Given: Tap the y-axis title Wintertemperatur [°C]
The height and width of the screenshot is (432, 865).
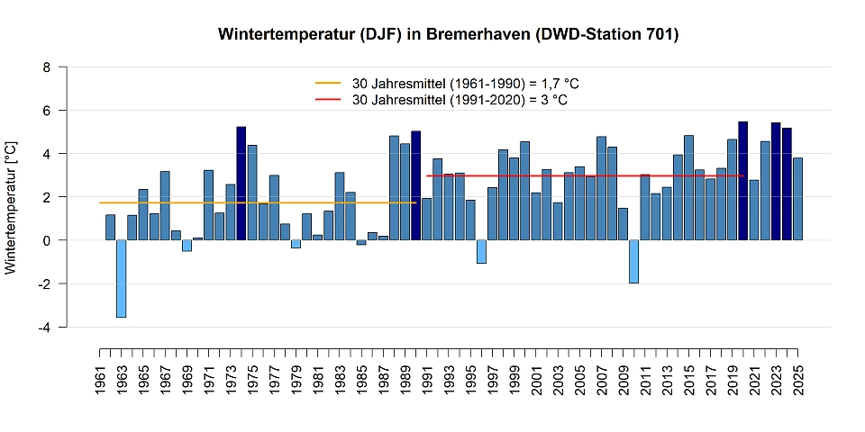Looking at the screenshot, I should (x=12, y=207).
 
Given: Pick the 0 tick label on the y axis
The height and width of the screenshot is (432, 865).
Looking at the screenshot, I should (x=47, y=240).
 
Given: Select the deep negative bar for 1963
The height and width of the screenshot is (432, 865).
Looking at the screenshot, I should (x=121, y=278).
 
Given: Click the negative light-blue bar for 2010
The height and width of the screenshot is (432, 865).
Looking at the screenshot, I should (x=634, y=261).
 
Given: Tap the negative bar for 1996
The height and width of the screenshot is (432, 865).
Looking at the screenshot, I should (x=481, y=251).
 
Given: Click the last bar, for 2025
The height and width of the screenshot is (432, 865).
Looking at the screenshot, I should (x=797, y=199).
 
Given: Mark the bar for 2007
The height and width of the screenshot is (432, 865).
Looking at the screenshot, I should (x=601, y=188).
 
